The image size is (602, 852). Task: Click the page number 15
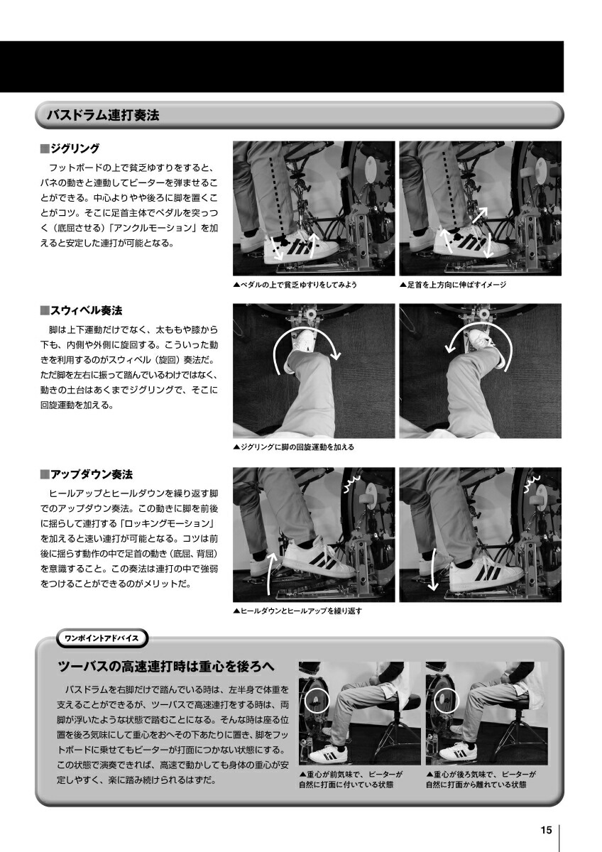pyautogui.click(x=546, y=831)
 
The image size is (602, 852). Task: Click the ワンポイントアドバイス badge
pyautogui.click(x=102, y=638)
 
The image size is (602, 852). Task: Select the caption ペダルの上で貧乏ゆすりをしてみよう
pyautogui.click(x=295, y=285)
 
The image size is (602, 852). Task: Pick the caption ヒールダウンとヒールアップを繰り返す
pyautogui.click(x=297, y=611)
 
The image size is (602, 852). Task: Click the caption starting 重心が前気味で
pyautogui.click(x=351, y=780)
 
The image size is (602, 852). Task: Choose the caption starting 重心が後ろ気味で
pyautogui.click(x=480, y=780)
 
